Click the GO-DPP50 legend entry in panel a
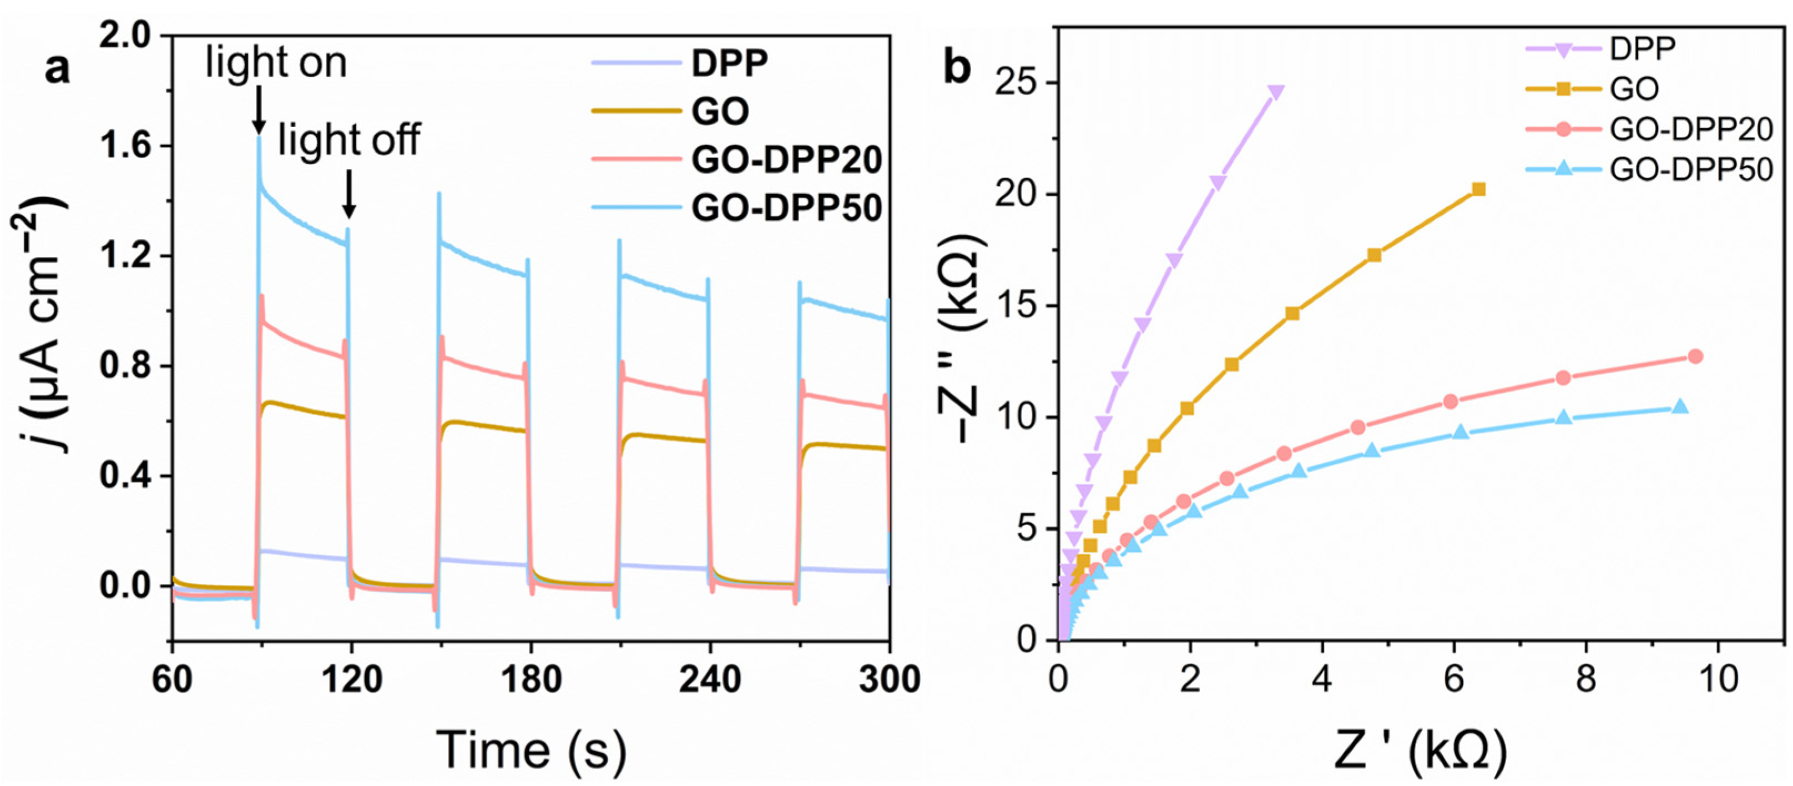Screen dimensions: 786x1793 point(786,208)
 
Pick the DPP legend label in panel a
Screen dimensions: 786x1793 point(729,63)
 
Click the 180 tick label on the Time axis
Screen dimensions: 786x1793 point(531,679)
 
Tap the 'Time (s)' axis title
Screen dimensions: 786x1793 point(531,750)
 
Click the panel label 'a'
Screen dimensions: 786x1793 point(57,68)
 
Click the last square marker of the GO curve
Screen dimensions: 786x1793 point(1479,189)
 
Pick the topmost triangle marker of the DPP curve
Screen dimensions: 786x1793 point(1276,93)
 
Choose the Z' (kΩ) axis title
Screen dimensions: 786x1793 point(1420,750)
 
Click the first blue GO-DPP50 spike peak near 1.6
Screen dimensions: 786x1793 point(259,139)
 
